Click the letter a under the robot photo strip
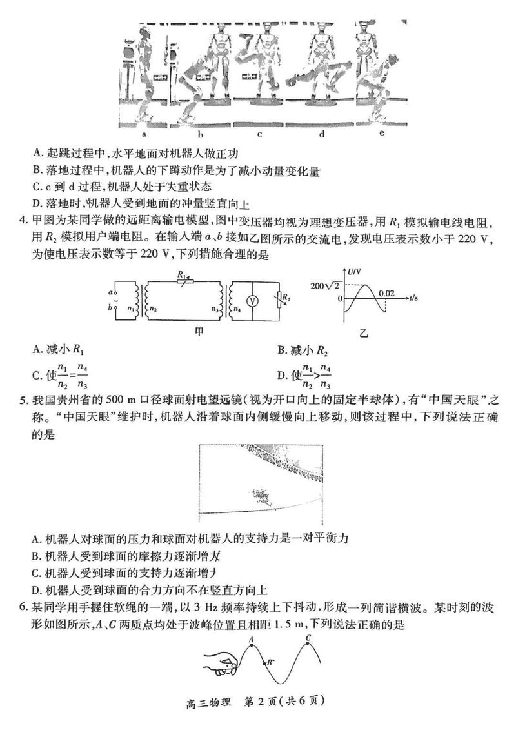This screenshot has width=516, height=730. (x=144, y=134)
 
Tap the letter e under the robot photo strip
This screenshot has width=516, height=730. (x=382, y=133)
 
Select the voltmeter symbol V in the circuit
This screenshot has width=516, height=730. (x=252, y=301)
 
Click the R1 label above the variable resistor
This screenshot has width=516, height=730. (x=181, y=275)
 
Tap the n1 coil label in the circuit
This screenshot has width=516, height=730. (x=131, y=308)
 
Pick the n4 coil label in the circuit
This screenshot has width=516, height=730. (x=237, y=308)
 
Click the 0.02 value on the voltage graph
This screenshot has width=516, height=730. (x=386, y=293)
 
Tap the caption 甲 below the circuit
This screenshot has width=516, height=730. (x=199, y=332)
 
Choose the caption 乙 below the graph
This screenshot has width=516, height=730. (x=363, y=333)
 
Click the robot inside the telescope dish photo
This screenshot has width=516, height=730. (x=262, y=497)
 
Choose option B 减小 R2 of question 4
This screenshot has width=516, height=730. (x=304, y=350)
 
